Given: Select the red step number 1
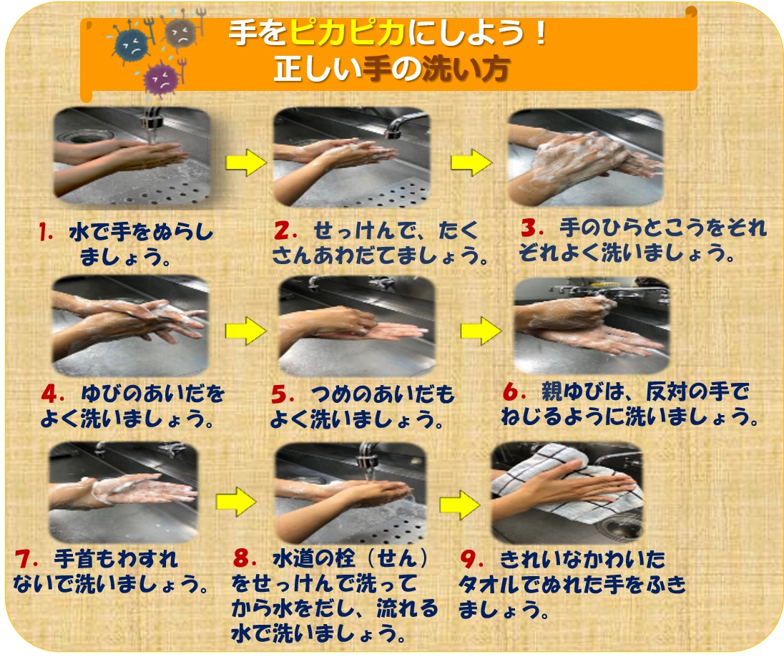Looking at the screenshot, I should tap(46, 233).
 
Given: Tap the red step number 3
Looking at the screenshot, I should tap(529, 228).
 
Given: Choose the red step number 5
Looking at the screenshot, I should tap(281, 395).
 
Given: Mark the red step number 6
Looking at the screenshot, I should tap(511, 392).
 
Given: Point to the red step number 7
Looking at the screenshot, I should tap(23, 558).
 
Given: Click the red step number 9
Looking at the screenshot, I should tap(469, 558).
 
